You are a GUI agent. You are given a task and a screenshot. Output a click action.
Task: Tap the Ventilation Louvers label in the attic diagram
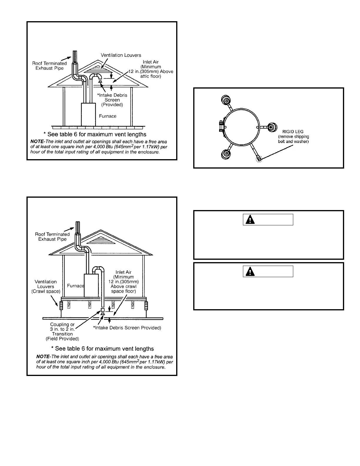point(121,55)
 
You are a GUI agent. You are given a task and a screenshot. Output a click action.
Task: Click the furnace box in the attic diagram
point(88,114)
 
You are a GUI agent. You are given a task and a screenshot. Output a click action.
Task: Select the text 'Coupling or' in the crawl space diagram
point(62,324)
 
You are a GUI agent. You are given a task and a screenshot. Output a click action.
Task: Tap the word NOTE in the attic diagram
point(37,142)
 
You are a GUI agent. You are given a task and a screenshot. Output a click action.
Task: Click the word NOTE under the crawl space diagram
point(43,357)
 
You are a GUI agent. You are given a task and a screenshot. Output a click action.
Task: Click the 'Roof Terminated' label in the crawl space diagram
point(52,234)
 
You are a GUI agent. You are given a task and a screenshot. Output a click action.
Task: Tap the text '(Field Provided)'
point(62,339)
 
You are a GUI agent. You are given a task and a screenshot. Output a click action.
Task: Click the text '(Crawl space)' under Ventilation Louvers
point(46,291)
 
